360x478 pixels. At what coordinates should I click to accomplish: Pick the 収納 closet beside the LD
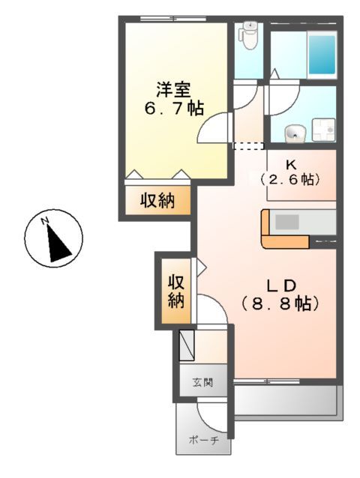176,291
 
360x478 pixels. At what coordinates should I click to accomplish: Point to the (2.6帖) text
289,181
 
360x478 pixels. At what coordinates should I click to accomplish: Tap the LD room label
284,285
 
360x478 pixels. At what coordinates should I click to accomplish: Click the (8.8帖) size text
281,304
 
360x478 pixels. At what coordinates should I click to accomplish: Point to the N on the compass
45,221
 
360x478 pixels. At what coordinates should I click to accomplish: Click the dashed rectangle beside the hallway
250,145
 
